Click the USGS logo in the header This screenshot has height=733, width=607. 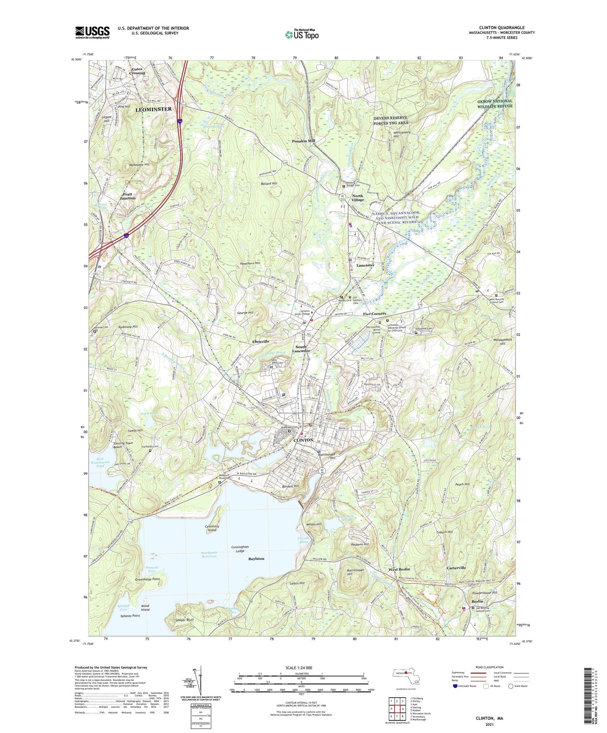(x=92, y=32)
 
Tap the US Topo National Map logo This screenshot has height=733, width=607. (x=302, y=34)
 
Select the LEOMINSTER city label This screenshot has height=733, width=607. (x=153, y=109)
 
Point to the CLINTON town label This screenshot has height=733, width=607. (x=303, y=440)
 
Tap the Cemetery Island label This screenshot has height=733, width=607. (x=212, y=528)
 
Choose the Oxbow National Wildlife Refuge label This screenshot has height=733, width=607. (x=495, y=104)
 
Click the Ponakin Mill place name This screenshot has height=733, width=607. (x=303, y=141)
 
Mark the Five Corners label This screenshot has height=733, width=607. (x=374, y=314)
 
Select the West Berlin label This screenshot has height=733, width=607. (x=399, y=569)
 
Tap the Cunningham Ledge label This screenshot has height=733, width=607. (x=240, y=549)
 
